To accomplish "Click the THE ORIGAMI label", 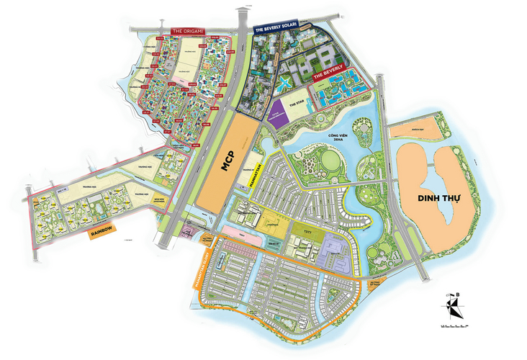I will tap(189, 32).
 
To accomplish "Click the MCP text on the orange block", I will tap(225, 168).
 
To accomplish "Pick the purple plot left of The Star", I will tap(274, 116).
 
